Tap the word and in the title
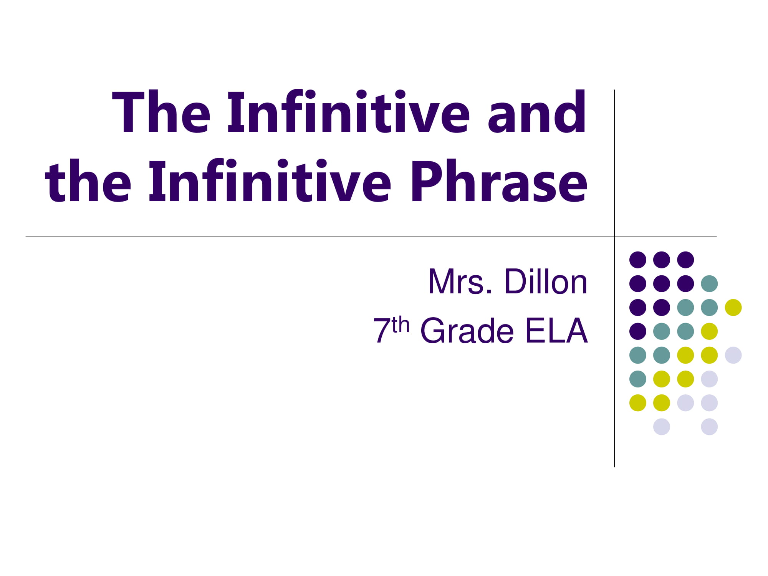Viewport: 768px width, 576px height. click(537, 112)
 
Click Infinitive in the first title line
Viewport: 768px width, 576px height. click(349, 112)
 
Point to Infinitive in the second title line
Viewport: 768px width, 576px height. click(270, 180)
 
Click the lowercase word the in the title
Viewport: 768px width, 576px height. click(88, 180)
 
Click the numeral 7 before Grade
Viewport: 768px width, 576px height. click(382, 330)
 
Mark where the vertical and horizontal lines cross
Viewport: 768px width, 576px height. click(614, 237)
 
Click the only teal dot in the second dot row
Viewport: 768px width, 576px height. click(709, 284)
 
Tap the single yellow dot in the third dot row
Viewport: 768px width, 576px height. click(733, 308)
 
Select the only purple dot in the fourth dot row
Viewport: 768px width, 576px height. click(638, 331)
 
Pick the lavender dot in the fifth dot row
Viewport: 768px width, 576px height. click(733, 355)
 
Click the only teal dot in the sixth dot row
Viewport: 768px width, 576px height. click(638, 379)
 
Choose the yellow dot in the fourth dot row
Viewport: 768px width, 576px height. click(709, 331)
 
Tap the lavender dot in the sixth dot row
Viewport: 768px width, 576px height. click(709, 379)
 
